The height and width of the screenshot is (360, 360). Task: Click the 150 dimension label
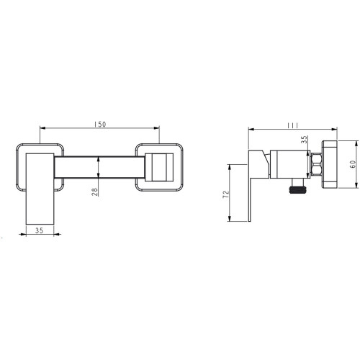(x=99, y=125)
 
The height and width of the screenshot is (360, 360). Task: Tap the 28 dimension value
(x=95, y=192)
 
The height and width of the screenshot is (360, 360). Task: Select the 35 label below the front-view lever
(x=39, y=230)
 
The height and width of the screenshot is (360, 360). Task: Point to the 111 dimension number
(x=293, y=125)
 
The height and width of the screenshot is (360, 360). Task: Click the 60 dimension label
(x=352, y=164)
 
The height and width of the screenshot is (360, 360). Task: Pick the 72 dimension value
(x=226, y=194)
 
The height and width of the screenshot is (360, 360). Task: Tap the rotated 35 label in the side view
(x=304, y=140)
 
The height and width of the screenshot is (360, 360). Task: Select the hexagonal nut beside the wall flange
(x=316, y=165)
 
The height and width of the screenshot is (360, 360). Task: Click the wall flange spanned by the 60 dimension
(x=329, y=165)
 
